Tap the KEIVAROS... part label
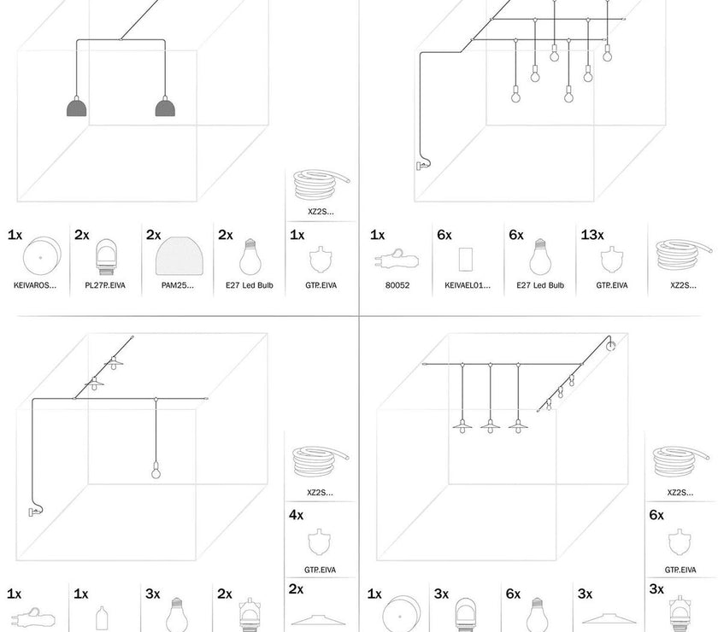click(x=36, y=285)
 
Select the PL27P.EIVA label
click(x=105, y=285)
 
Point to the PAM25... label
click(x=178, y=285)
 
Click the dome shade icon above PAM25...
click(x=178, y=255)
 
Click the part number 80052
click(x=397, y=285)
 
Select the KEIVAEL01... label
click(x=468, y=285)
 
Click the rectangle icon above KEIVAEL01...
click(x=468, y=258)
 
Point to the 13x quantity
click(x=591, y=234)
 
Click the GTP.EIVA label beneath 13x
click(x=612, y=285)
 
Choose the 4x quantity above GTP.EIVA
click(x=297, y=515)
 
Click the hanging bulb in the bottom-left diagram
click(x=156, y=469)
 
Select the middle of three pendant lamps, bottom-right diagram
click(x=491, y=424)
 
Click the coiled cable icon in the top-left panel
click(x=321, y=185)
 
